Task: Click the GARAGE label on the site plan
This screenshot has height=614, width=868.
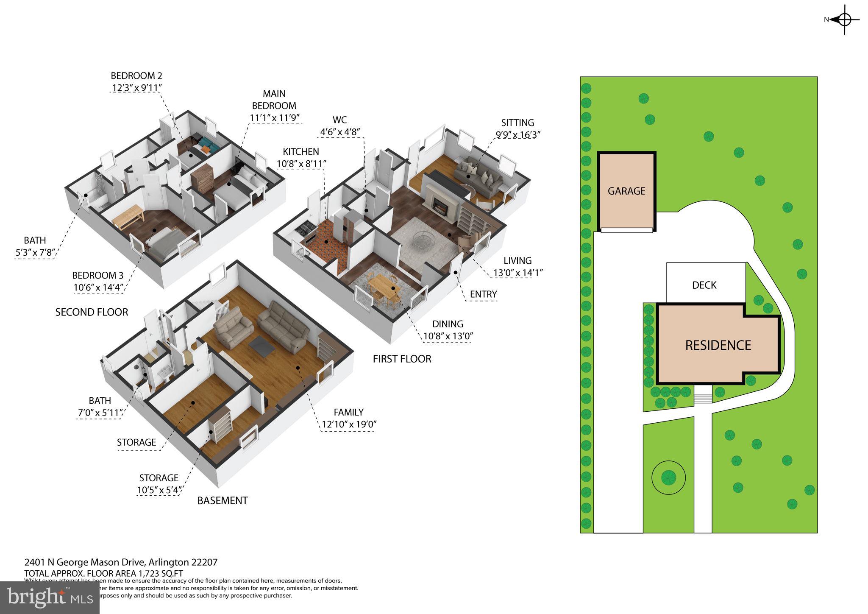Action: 626,191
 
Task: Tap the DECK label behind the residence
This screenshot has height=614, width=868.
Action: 704,285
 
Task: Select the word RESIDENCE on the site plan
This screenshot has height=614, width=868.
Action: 718,345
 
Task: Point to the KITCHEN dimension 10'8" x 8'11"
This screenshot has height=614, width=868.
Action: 301,164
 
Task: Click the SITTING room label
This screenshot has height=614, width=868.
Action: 517,123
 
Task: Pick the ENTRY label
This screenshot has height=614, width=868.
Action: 483,294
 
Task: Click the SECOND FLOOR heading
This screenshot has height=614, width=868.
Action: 92,313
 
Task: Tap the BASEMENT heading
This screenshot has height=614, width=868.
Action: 223,501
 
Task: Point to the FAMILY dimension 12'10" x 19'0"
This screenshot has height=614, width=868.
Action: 349,424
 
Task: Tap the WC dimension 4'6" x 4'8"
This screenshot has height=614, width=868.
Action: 340,132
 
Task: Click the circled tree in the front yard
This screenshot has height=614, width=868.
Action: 668,477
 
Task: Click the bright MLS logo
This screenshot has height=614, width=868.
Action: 50,597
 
